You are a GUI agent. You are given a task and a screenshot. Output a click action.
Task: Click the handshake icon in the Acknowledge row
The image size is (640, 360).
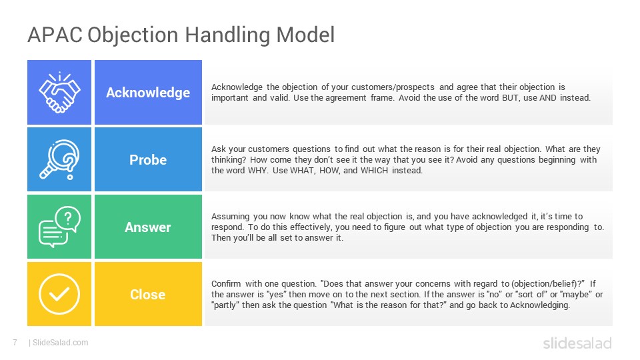pyautogui.click(x=59, y=93)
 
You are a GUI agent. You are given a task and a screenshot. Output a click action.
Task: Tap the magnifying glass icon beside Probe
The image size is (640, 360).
pyautogui.click(x=59, y=159)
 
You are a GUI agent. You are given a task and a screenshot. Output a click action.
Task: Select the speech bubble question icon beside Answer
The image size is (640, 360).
pyautogui.click(x=59, y=227)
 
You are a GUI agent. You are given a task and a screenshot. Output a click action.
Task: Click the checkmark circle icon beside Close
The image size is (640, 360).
pyautogui.click(x=59, y=294)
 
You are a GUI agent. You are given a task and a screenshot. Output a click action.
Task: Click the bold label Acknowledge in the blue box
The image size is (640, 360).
pyautogui.click(x=148, y=93)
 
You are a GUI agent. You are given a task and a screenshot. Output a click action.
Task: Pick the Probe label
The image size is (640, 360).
pyautogui.click(x=148, y=159)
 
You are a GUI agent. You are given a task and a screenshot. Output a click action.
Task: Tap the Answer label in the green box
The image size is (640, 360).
pyautogui.click(x=148, y=227)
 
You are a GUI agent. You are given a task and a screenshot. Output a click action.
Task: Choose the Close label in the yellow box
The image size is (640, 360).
pyautogui.click(x=148, y=294)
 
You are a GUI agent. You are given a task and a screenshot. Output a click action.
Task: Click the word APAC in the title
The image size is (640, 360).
pyautogui.click(x=55, y=35)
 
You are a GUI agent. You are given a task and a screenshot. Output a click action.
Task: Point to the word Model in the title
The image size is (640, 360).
pyautogui.click(x=305, y=35)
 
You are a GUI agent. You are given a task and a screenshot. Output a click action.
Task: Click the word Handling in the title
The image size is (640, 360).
pyautogui.click(x=227, y=35)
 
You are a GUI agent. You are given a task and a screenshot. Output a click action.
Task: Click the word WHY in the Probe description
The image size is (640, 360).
pyautogui.click(x=257, y=171)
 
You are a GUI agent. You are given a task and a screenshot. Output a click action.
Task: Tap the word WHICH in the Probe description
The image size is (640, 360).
pyautogui.click(x=374, y=171)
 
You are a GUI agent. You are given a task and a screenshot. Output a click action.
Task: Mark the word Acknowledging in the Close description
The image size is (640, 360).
pyautogui.click(x=539, y=305)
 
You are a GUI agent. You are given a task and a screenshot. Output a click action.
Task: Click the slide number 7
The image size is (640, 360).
pyautogui.click(x=15, y=343)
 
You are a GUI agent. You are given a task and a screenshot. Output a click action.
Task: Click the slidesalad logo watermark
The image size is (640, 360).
pyautogui.click(x=577, y=343)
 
